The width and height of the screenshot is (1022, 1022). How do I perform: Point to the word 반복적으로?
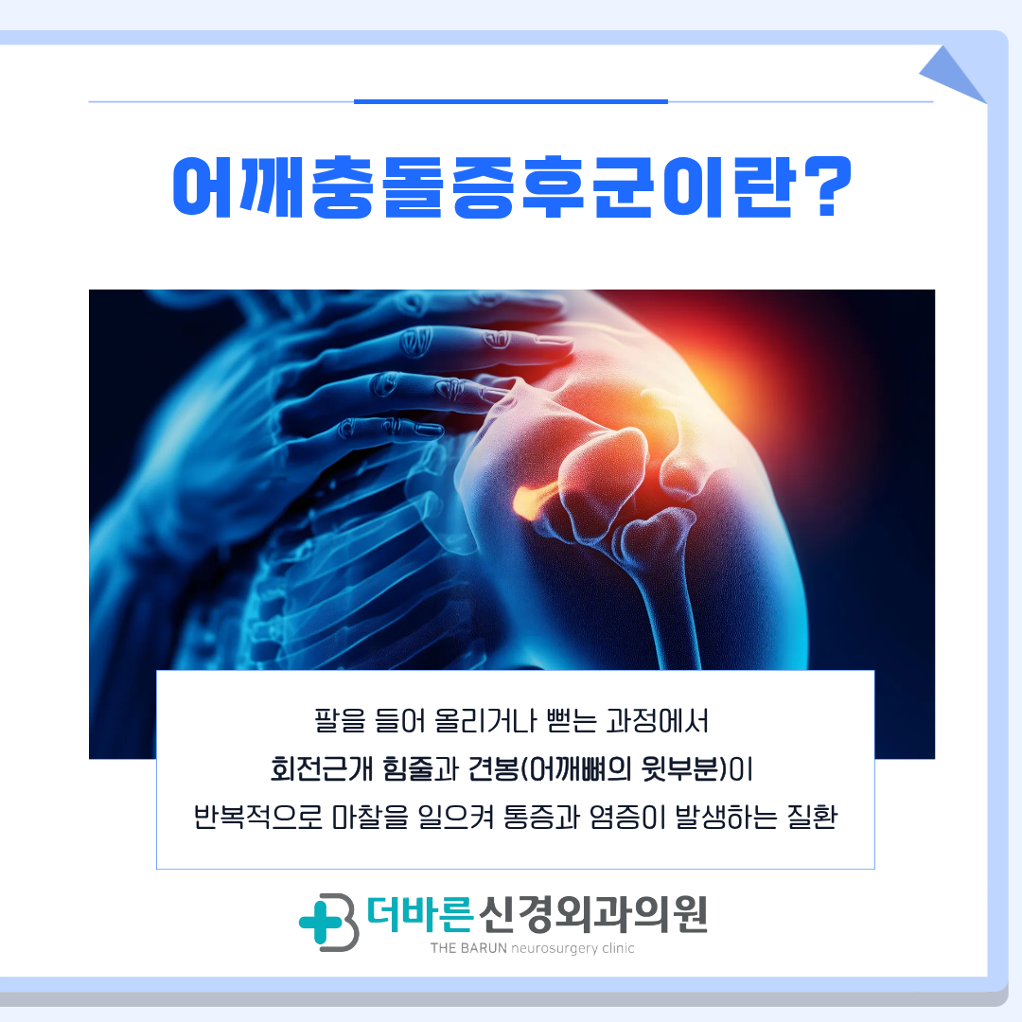click(x=258, y=816)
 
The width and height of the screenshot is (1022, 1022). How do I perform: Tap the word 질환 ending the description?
click(x=812, y=816)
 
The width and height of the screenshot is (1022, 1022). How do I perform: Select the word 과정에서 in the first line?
click(x=657, y=720)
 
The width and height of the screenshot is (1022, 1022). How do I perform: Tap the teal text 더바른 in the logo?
click(x=419, y=914)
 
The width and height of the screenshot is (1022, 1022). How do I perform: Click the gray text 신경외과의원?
click(x=592, y=914)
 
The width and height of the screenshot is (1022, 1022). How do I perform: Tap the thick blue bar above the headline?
click(x=511, y=101)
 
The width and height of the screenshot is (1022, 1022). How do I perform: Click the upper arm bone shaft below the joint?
click(x=667, y=612)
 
